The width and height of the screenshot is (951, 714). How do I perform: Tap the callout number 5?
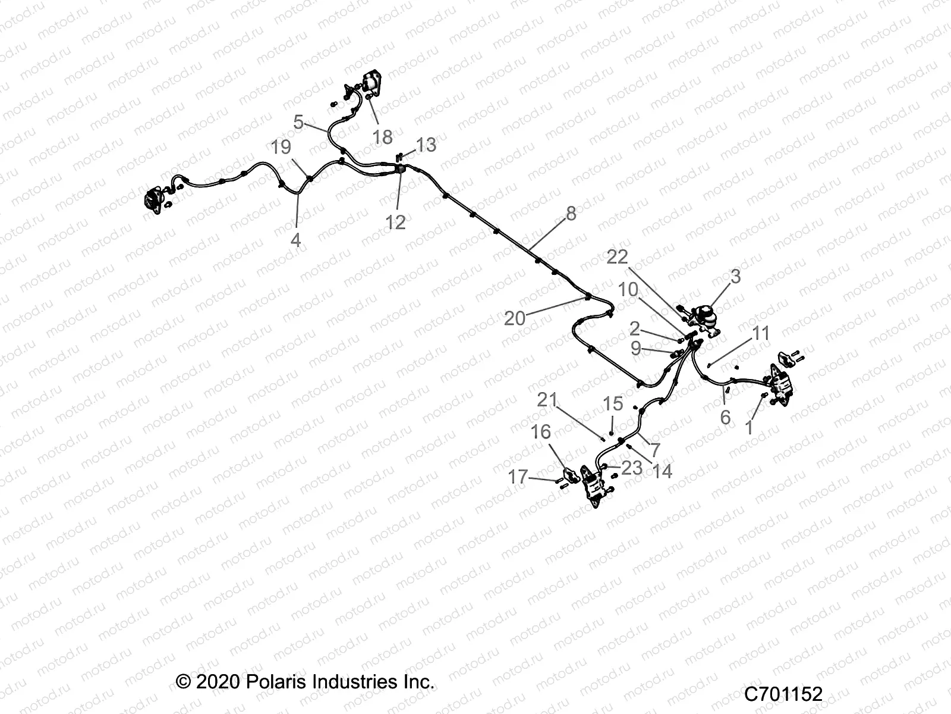[299, 123]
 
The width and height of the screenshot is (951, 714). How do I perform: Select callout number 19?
[281, 148]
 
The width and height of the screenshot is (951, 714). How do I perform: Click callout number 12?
[395, 222]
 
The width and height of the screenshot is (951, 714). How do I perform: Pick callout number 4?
[295, 240]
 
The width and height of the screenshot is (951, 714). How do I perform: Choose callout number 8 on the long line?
[571, 213]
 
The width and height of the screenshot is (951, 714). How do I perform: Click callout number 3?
[735, 276]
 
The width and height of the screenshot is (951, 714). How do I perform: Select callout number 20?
[515, 318]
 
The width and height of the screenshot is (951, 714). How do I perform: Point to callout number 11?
[761, 333]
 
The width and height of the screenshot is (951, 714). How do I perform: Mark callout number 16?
[541, 431]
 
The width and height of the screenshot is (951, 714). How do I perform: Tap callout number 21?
[547, 400]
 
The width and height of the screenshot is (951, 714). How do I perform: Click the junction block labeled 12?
[399, 171]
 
